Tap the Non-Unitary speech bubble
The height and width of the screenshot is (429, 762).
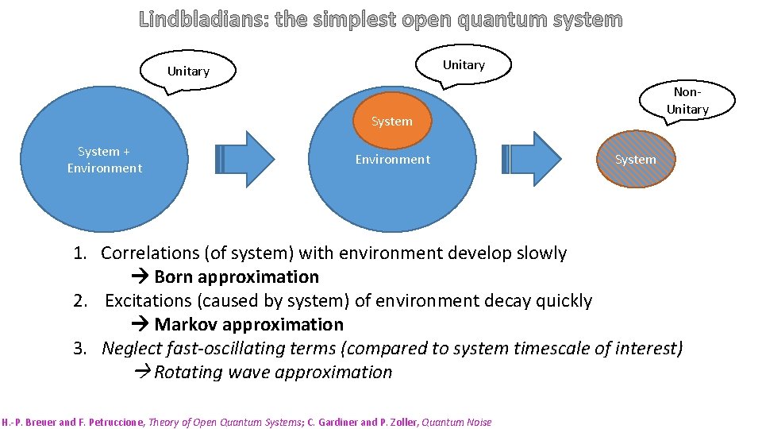(687, 101)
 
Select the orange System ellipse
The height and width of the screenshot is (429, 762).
(391, 122)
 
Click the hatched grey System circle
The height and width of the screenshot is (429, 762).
(635, 160)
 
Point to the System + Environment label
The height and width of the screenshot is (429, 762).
(104, 160)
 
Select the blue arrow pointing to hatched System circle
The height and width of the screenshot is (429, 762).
(531, 158)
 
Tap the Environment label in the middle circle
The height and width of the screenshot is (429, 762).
(392, 160)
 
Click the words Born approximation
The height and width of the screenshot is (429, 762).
(237, 277)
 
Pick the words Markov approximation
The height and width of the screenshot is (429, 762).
(248, 325)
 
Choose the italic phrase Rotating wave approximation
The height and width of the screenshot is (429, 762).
(272, 373)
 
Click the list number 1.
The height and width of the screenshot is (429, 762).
(80, 253)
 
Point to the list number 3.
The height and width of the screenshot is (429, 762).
(80, 349)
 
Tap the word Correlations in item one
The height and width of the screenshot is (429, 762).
(149, 253)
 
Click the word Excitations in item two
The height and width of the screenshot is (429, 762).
(148, 301)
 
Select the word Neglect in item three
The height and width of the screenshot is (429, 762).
(132, 349)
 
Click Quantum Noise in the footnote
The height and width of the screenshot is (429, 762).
(458, 422)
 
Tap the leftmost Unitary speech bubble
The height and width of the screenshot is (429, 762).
(188, 71)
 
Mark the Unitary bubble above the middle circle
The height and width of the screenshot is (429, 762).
(464, 65)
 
